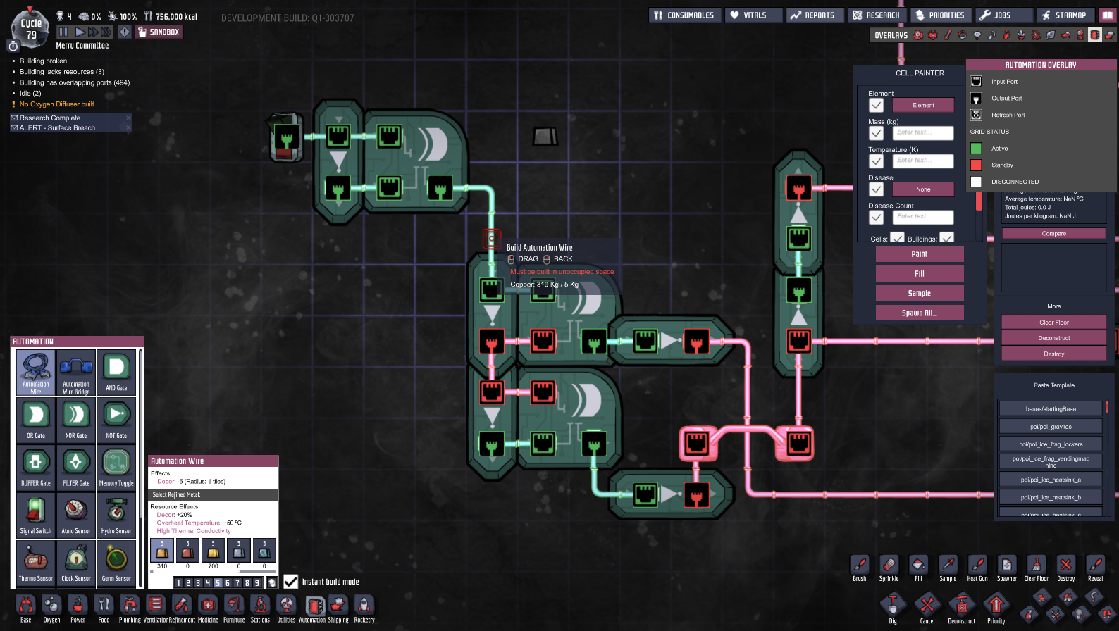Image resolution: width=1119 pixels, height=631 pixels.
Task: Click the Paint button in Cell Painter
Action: [x=919, y=254]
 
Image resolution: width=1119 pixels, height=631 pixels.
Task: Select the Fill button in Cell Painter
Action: [x=919, y=274]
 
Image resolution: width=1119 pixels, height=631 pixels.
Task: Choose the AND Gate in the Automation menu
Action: [x=116, y=372]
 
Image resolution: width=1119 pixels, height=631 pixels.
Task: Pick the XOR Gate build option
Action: [x=76, y=420]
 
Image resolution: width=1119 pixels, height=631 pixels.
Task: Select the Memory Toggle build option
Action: [x=116, y=468]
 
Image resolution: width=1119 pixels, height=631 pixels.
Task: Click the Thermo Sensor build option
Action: [x=36, y=563]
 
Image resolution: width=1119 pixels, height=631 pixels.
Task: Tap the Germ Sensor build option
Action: [x=116, y=563]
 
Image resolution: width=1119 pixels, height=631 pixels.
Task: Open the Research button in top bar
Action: [x=876, y=15]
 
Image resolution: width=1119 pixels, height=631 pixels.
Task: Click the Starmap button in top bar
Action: [x=1064, y=15]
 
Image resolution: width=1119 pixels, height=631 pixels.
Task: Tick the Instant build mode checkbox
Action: [x=291, y=582]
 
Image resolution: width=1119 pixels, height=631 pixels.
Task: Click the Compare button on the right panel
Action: [x=1053, y=234]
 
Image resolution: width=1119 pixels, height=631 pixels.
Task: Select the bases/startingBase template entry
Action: [x=1050, y=409]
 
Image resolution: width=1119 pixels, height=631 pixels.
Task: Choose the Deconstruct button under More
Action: [x=1053, y=338]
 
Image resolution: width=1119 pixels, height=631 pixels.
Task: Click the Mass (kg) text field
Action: [x=922, y=132]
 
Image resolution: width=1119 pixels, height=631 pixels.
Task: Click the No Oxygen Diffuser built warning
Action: [x=56, y=104]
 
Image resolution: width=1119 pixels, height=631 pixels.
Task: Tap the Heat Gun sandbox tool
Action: [x=977, y=568]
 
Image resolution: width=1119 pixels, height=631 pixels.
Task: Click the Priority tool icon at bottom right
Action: [x=996, y=608]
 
